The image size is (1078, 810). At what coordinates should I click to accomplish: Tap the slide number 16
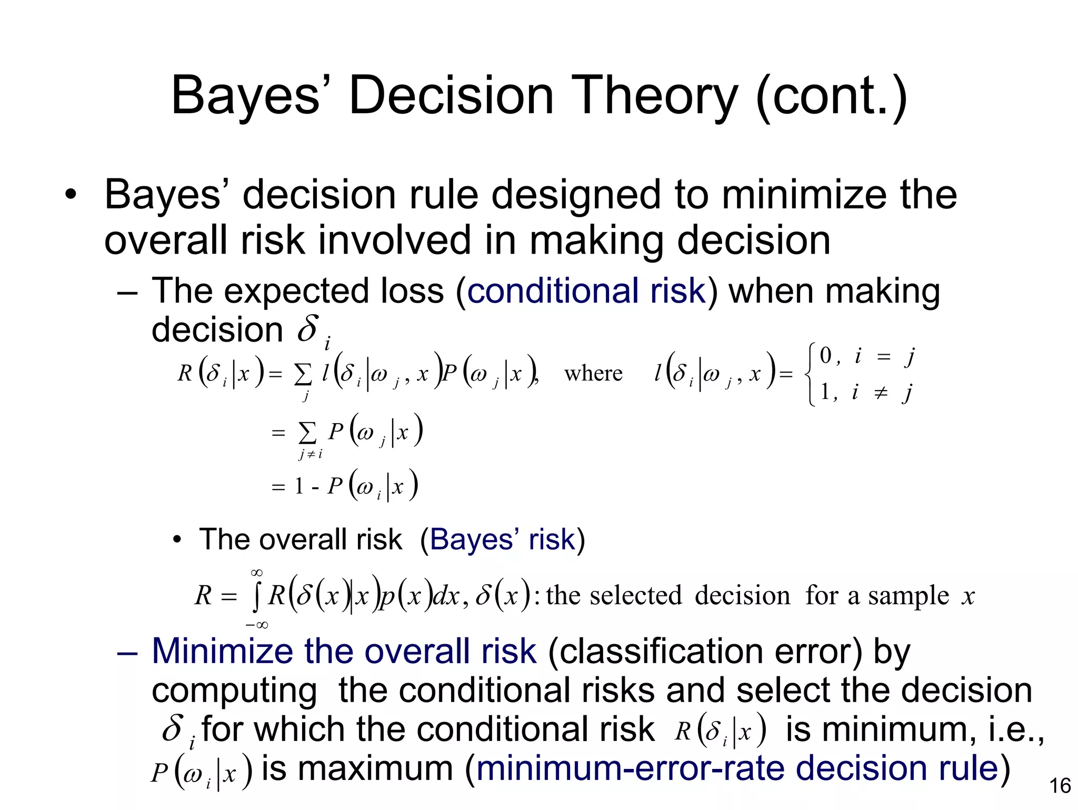pyautogui.click(x=1060, y=786)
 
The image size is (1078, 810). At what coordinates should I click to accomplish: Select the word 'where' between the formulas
pyautogui.click(x=593, y=374)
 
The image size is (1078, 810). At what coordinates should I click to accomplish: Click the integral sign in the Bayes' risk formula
pyautogui.click(x=256, y=597)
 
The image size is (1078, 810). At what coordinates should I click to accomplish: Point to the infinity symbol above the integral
pyautogui.click(x=257, y=573)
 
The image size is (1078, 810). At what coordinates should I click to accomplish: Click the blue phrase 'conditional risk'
pyautogui.click(x=586, y=291)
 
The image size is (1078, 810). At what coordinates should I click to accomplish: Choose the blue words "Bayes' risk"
pyautogui.click(x=502, y=539)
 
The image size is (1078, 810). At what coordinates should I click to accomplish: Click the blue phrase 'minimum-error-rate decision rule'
pyautogui.click(x=737, y=768)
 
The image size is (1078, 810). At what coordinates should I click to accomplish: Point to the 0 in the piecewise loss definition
pyautogui.click(x=825, y=356)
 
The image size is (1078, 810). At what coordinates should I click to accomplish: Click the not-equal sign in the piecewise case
pyautogui.click(x=881, y=393)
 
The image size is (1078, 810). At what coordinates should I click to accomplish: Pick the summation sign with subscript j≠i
pyautogui.click(x=307, y=434)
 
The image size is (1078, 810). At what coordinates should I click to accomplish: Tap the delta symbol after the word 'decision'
pyautogui.click(x=308, y=328)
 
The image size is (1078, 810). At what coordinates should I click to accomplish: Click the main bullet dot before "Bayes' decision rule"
pyautogui.click(x=71, y=196)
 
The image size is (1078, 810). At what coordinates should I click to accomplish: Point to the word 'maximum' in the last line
pyautogui.click(x=375, y=768)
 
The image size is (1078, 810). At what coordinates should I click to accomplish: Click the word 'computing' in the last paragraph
pyautogui.click(x=234, y=691)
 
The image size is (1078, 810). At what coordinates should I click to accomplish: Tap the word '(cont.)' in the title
pyautogui.click(x=831, y=96)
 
